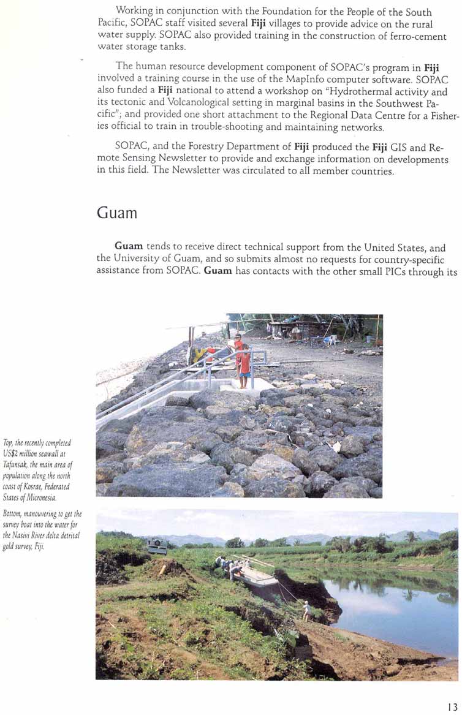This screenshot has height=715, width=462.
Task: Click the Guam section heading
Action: coord(117,213)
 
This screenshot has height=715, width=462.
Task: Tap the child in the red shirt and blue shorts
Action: coord(244,366)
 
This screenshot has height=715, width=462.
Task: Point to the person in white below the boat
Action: coord(306,610)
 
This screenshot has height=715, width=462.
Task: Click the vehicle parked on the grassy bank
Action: coord(157,547)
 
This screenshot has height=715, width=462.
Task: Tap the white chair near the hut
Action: coord(331,339)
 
